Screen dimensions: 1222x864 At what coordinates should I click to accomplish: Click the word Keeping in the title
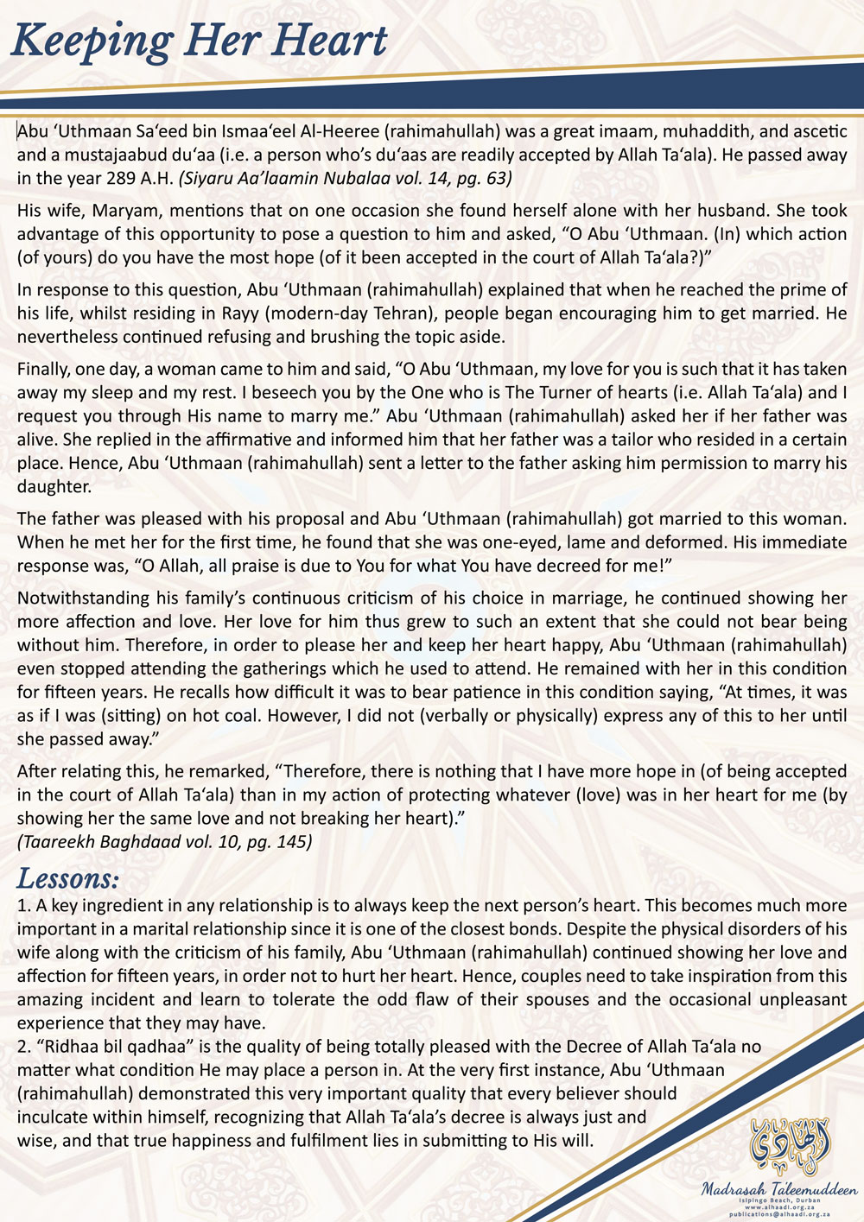point(92,42)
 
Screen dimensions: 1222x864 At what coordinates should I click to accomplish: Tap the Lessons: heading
point(68,879)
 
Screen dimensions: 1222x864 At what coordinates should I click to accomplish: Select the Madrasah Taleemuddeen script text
point(779,1189)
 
